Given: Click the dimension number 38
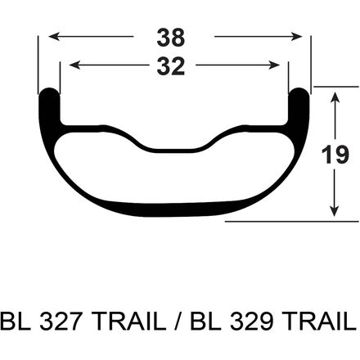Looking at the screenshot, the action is click(171, 38).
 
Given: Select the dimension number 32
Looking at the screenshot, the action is click(171, 66).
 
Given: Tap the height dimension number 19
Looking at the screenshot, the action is click(335, 155).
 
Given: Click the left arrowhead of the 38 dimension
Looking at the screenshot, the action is click(54, 36).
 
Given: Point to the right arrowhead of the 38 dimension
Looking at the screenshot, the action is click(296, 36).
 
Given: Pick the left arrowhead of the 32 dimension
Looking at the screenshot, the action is click(75, 65).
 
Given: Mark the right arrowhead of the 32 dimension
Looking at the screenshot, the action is click(274, 65).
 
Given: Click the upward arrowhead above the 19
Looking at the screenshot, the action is click(335, 98).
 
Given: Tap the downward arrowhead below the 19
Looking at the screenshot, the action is click(335, 211).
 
